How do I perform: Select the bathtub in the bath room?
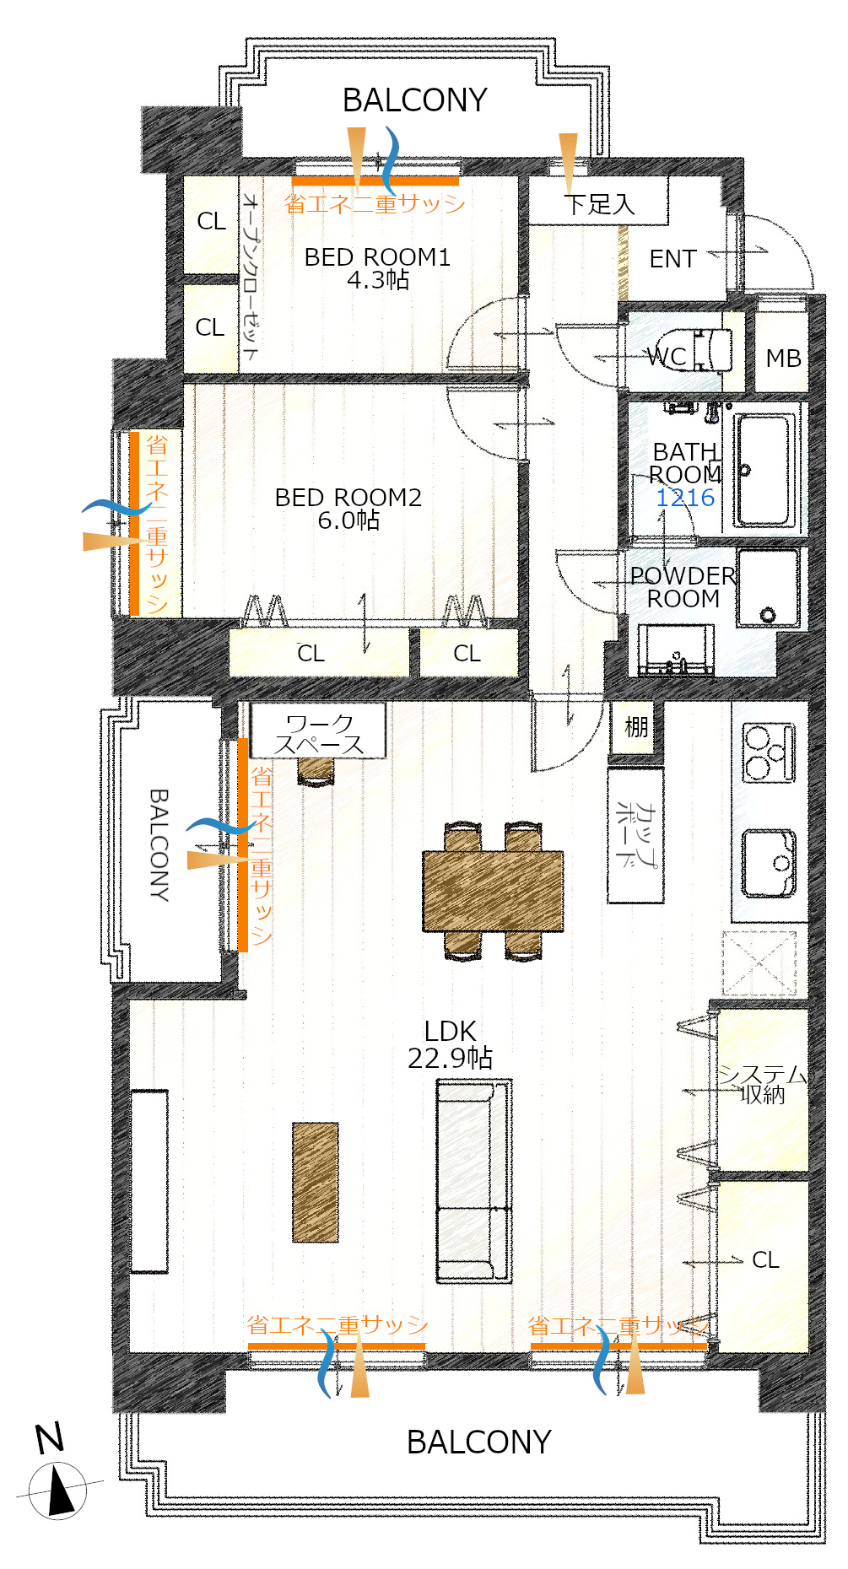pyautogui.click(x=765, y=470)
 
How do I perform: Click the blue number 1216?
pyautogui.click(x=685, y=498)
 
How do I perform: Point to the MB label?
pyautogui.click(x=783, y=359)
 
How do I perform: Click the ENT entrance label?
pyautogui.click(x=672, y=259)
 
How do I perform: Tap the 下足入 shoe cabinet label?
pyautogui.click(x=598, y=203)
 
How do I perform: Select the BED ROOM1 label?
pyautogui.click(x=377, y=256)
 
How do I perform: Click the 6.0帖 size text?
pyautogui.click(x=348, y=520)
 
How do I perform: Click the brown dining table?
pyautogui.click(x=493, y=891)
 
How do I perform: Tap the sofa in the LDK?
pyautogui.click(x=474, y=1182)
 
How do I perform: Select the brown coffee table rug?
pyautogui.click(x=316, y=1182)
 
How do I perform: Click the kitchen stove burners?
pyautogui.click(x=769, y=753)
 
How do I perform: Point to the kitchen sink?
pyautogui.click(x=769, y=862)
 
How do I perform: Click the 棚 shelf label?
pyautogui.click(x=636, y=726)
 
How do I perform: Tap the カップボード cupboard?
pyautogui.click(x=636, y=835)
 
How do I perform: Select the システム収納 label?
pyautogui.click(x=763, y=1085)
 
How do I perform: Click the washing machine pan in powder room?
pyautogui.click(x=767, y=588)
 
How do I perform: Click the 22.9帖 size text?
pyautogui.click(x=450, y=1057)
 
